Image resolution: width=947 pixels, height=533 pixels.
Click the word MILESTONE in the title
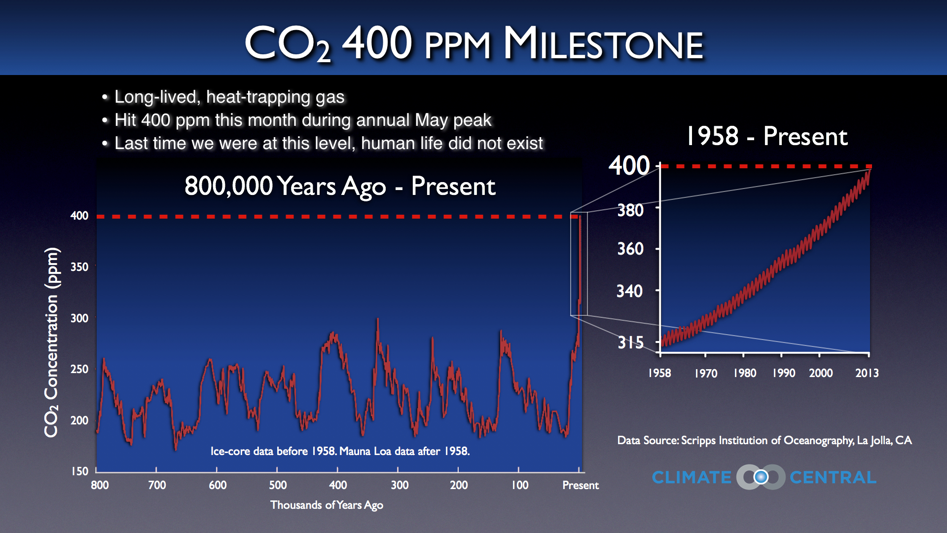603,44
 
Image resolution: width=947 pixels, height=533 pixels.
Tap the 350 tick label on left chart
79,267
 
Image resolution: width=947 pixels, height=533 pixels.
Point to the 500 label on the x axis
278,485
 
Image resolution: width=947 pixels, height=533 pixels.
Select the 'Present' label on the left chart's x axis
580,485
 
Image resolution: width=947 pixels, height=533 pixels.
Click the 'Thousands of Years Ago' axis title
327,505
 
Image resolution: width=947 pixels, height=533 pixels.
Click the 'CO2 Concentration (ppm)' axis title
51,342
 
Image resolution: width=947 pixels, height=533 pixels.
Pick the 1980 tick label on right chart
744,373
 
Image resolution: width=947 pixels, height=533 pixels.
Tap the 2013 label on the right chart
867,373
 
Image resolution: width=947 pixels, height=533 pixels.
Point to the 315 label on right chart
630,342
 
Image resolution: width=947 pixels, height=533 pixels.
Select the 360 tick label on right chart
630,248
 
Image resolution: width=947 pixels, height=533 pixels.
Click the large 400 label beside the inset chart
629,165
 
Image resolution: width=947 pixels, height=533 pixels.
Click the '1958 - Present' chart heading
766,136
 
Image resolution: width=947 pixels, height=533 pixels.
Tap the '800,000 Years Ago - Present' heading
340,186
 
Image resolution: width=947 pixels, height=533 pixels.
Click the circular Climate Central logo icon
761,477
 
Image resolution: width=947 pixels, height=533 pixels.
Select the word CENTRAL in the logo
833,477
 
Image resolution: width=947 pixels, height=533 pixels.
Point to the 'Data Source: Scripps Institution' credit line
764,440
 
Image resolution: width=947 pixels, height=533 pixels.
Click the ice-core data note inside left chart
340,451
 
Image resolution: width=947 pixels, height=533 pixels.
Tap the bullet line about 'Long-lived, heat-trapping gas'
229,97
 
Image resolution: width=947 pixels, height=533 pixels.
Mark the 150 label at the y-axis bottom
79,471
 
